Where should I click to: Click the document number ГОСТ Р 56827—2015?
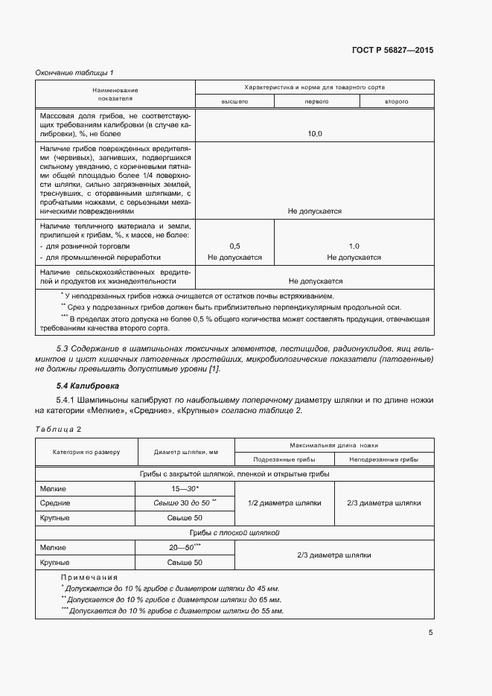click(x=392, y=51)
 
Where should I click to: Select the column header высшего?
click(x=234, y=101)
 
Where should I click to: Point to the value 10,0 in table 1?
click(x=315, y=134)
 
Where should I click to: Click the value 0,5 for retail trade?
click(x=234, y=246)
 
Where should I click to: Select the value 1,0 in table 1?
click(x=354, y=246)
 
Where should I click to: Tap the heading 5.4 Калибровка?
click(x=88, y=386)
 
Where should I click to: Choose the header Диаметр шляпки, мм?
click(x=185, y=452)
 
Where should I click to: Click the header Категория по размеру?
click(x=86, y=452)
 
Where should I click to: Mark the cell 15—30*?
click(x=185, y=488)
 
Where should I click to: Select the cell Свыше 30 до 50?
click(x=184, y=502)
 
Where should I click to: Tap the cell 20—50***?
click(x=185, y=547)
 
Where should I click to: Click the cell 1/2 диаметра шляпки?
click(x=284, y=502)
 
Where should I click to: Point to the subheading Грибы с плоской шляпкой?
click(x=234, y=532)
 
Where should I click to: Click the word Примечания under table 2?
click(x=89, y=577)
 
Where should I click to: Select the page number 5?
click(x=430, y=633)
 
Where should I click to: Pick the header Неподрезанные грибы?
click(x=383, y=459)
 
